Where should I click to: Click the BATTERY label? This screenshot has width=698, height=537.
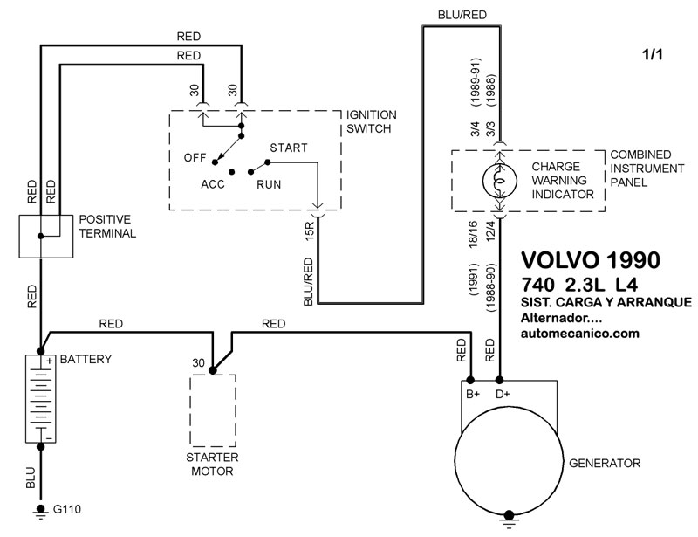point(86,359)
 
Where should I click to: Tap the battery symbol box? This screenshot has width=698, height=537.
point(40,398)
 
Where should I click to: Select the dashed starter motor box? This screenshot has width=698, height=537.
point(212,410)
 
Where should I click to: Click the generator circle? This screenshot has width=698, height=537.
point(507,459)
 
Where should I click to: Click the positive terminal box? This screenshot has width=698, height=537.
point(45,235)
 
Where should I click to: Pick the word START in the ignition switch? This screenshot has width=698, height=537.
point(289,148)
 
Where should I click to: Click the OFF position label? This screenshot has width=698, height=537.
point(195,158)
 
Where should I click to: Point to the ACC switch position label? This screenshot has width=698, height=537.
point(214,185)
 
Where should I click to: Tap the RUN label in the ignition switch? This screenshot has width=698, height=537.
point(269,185)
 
